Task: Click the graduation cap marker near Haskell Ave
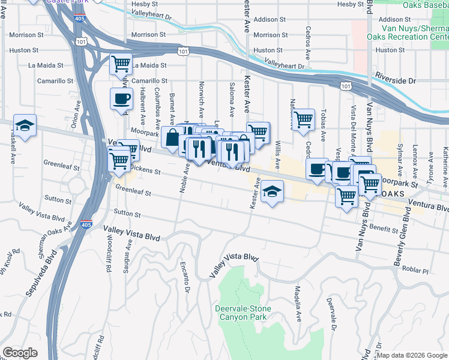click(25, 125)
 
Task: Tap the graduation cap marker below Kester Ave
click(272, 192)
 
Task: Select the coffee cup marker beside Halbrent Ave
click(121, 99)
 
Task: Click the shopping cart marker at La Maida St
click(121, 64)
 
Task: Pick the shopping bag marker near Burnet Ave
click(172, 137)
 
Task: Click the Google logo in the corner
click(20, 353)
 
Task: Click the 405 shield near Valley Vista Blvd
click(88, 223)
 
